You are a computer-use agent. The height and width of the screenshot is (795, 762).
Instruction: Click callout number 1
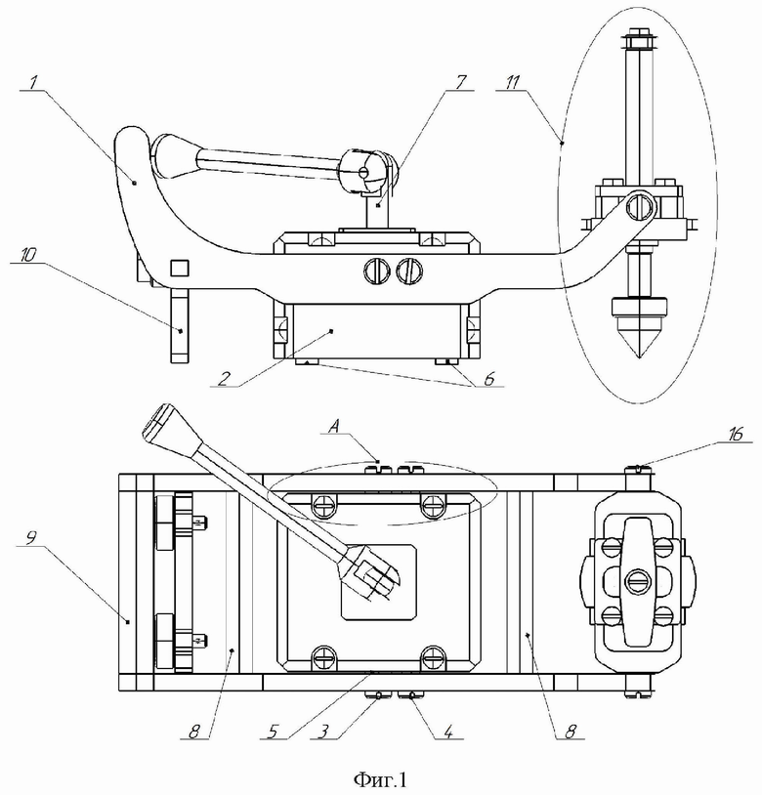tap(32, 83)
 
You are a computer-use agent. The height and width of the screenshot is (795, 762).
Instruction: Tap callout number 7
tap(460, 83)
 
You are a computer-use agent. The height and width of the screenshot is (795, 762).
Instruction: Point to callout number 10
tap(28, 255)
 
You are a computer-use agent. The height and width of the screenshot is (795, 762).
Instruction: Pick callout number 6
tap(489, 379)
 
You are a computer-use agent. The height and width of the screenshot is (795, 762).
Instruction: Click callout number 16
tap(735, 434)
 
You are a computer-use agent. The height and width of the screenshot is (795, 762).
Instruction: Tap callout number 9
tap(31, 538)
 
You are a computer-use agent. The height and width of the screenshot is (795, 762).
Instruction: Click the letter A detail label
tap(333, 427)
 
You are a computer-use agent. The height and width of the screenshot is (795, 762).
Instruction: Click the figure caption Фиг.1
tap(380, 779)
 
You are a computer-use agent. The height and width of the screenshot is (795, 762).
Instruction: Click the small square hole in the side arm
tap(180, 268)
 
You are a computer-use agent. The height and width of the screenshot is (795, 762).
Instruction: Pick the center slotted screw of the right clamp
tap(637, 581)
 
